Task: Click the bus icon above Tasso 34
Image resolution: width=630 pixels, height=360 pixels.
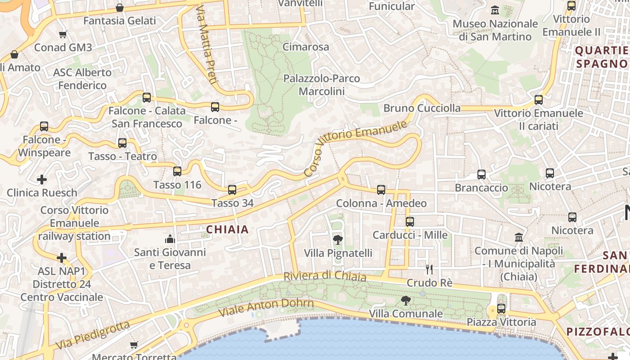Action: pos(232,190)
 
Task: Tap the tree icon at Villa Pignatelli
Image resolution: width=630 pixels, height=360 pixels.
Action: pos(337,240)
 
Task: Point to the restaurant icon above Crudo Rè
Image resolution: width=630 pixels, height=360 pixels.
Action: pos(429,270)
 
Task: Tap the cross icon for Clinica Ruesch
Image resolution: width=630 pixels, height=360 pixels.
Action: pos(42,180)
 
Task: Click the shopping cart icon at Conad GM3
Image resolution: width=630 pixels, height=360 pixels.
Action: pos(63,35)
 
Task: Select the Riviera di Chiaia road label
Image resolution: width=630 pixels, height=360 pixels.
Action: pos(324,276)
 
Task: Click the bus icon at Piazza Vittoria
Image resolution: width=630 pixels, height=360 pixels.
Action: pos(501,309)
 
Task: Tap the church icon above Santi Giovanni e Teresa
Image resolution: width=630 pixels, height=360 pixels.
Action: pos(170,238)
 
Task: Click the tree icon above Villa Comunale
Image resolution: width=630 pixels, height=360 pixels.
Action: pos(406,300)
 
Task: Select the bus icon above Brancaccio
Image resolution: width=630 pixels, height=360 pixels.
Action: pos(481,175)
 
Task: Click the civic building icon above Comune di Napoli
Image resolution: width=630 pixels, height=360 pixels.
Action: pos(519,237)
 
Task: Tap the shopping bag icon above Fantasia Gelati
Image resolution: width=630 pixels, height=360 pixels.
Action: pos(120,8)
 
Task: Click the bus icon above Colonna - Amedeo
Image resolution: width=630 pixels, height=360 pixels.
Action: pos(381,190)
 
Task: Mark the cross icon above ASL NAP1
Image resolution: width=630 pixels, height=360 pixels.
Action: pos(62,258)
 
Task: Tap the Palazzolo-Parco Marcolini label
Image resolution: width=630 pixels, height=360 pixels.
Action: pos(321,85)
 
